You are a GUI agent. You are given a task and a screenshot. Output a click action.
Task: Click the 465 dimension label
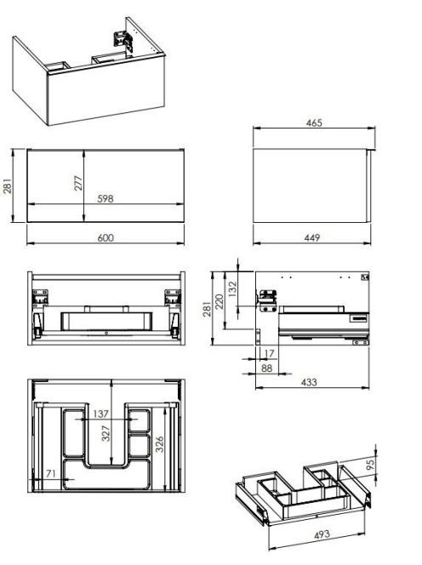pyautogui.click(x=314, y=123)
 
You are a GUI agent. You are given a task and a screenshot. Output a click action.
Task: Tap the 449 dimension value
pyautogui.click(x=312, y=237)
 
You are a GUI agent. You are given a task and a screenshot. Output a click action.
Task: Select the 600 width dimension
pyautogui.click(x=105, y=237)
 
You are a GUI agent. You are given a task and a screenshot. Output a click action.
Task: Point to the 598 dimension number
pyautogui.click(x=105, y=198)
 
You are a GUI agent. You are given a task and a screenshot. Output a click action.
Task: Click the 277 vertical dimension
pyautogui.click(x=78, y=183)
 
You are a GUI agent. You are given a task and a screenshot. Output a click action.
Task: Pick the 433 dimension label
pyautogui.click(x=309, y=382)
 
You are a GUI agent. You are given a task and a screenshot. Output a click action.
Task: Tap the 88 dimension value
pyautogui.click(x=266, y=368)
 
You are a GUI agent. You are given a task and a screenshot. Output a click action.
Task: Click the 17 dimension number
pyautogui.click(x=269, y=353)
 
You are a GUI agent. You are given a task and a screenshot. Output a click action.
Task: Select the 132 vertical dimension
pyautogui.click(x=233, y=289)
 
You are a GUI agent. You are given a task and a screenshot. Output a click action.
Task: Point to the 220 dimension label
pyautogui.click(x=220, y=301)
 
